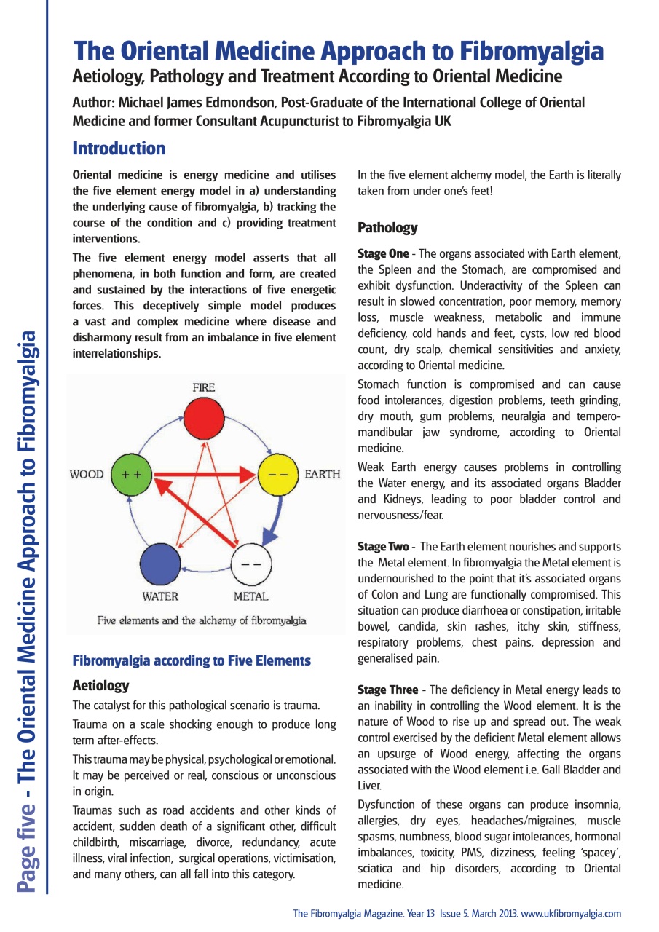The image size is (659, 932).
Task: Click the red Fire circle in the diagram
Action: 204,419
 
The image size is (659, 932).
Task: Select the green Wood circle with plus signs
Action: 131,474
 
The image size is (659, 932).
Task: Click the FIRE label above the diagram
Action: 204,388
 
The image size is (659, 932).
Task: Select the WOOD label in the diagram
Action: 87,475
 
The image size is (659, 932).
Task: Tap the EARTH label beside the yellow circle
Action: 322,475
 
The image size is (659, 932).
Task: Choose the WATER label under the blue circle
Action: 160,597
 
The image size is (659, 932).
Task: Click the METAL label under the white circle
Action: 251,597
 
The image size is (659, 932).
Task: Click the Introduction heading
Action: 119,149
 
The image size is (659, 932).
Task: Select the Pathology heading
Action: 387,228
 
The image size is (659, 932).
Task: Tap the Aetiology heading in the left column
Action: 100,685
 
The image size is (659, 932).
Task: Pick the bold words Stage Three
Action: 387,690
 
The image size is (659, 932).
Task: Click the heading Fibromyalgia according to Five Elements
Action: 192,661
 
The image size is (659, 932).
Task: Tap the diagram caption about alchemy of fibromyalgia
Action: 202,621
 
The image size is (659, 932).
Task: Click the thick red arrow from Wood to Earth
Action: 204,475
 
